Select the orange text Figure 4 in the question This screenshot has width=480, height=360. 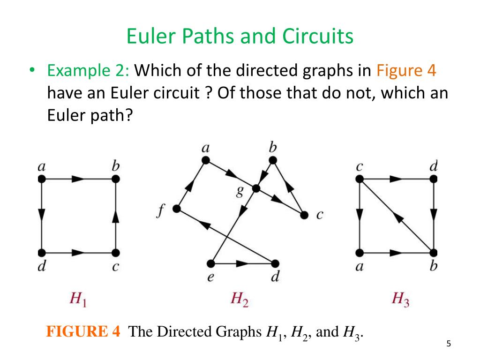pyautogui.click(x=406, y=71)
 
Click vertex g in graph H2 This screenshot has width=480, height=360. pyautogui.click(x=256, y=188)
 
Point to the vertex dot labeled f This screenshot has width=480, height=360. pyautogui.click(x=177, y=209)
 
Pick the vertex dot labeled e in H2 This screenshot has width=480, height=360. pyautogui.click(x=211, y=263)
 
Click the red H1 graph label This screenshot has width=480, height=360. pyautogui.click(x=78, y=298)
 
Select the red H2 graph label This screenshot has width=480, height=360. pyautogui.click(x=240, y=298)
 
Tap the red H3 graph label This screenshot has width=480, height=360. pyautogui.click(x=401, y=298)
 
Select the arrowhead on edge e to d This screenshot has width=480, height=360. pyautogui.click(x=243, y=263)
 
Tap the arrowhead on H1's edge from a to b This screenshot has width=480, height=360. pyautogui.click(x=78, y=179)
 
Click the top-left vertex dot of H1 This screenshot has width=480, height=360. pyautogui.click(x=41, y=179)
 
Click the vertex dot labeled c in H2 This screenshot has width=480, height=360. pyautogui.click(x=304, y=215)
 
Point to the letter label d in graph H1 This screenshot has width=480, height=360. pyautogui.click(x=42, y=267)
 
